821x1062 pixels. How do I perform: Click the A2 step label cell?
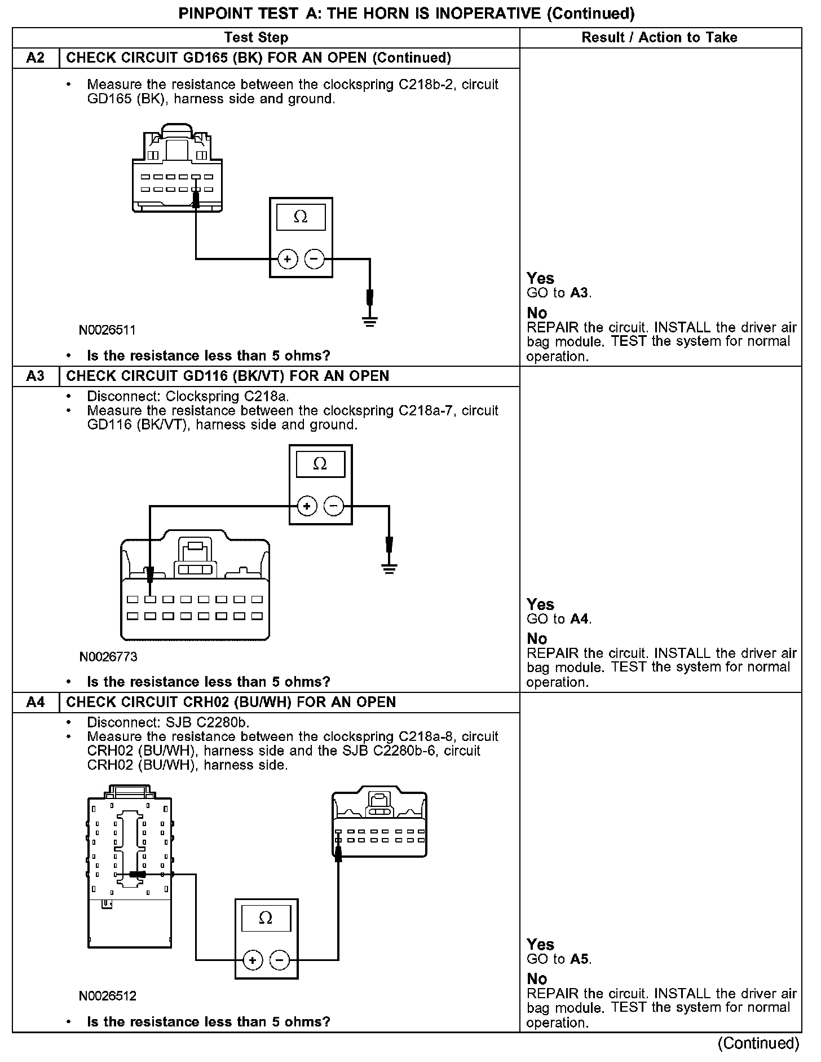36,58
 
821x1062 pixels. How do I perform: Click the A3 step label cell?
36,376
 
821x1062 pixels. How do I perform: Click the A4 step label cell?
36,703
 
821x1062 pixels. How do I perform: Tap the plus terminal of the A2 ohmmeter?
287,260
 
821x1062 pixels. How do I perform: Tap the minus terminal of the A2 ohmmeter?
315,260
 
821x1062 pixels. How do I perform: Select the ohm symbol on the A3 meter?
320,464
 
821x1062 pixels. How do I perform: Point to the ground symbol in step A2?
370,322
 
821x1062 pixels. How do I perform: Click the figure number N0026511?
107,330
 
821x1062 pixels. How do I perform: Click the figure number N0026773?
108,657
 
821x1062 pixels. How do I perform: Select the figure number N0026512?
108,996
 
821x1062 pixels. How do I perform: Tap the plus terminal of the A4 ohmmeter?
252,960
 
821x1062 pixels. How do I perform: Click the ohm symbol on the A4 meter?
266,918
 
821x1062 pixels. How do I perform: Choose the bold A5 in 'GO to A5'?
579,959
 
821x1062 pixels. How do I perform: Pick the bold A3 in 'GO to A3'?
579,293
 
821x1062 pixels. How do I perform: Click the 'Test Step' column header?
256,38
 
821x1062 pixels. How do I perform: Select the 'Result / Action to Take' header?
659,38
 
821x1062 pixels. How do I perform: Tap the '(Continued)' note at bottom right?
758,1043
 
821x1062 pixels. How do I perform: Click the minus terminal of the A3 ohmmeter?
334,506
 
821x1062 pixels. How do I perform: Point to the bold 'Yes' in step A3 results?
540,604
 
